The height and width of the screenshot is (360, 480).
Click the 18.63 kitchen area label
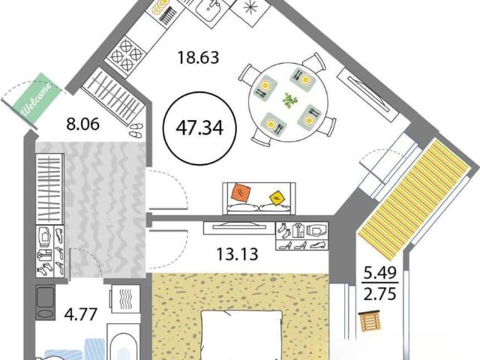tap(198, 57)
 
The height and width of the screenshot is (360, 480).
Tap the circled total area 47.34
tap(199, 128)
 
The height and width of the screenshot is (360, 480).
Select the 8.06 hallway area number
tap(83, 124)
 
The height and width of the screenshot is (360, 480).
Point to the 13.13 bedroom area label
tap(237, 253)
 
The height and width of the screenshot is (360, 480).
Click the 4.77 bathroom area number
tap(81, 314)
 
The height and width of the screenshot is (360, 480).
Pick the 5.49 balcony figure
tap(379, 273)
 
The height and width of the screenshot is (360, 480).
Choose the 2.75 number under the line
tap(379, 293)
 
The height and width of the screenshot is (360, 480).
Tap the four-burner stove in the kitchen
tap(126, 54)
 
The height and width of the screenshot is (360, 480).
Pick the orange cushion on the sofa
tap(243, 193)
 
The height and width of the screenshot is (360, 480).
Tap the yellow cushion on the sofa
tap(277, 198)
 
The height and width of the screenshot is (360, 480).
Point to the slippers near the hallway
tap(136, 130)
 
